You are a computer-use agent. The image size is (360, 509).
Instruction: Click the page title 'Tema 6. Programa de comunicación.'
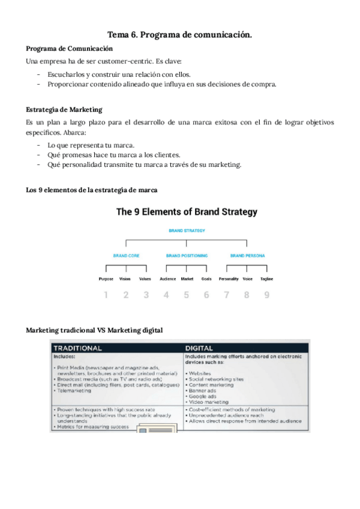pos(179,35)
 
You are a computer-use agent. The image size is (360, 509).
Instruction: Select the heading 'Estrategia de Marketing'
pos(64,110)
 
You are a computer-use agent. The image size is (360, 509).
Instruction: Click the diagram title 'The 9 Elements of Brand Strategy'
pos(187,212)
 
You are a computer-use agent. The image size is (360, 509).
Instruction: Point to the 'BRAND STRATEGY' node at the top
pos(187,230)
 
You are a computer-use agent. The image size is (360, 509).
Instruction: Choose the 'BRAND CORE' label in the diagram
pos(126,256)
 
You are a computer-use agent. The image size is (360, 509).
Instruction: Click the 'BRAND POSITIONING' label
pos(186,256)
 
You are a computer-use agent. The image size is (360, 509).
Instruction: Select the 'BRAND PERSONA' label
pos(247,256)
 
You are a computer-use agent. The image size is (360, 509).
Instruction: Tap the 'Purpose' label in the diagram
pos(106,279)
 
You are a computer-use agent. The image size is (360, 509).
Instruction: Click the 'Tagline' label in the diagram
pos(266,279)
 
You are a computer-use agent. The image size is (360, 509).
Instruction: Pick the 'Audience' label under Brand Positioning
pos(167,279)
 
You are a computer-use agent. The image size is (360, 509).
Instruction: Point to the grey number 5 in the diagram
pos(186,295)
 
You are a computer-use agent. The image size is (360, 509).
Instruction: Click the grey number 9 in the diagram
pos(266,295)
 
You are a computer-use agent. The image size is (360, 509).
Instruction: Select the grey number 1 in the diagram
pos(106,295)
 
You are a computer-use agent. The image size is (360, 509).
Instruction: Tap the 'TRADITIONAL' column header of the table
pos(78,348)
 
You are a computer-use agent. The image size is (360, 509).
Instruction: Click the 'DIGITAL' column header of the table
pos(199,348)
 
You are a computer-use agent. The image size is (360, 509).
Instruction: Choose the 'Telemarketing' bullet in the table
pos(75,390)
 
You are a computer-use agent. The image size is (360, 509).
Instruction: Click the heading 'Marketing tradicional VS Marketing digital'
pos(94,331)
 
